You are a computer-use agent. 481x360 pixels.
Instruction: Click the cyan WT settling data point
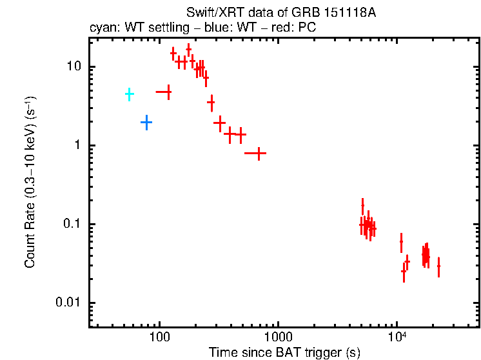[x=129, y=94]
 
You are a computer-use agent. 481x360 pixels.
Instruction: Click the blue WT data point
[x=146, y=122]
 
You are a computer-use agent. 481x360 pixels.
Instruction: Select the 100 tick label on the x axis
[x=159, y=337]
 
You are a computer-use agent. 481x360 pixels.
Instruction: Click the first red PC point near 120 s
[x=168, y=92]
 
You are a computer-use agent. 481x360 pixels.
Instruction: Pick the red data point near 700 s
[x=259, y=154]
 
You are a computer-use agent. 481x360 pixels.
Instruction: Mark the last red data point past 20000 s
[x=438, y=266]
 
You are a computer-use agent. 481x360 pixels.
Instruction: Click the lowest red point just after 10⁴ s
[x=404, y=272]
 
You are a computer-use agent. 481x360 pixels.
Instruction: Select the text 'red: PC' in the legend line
[x=292, y=29]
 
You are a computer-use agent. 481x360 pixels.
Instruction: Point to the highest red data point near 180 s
[x=188, y=49]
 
